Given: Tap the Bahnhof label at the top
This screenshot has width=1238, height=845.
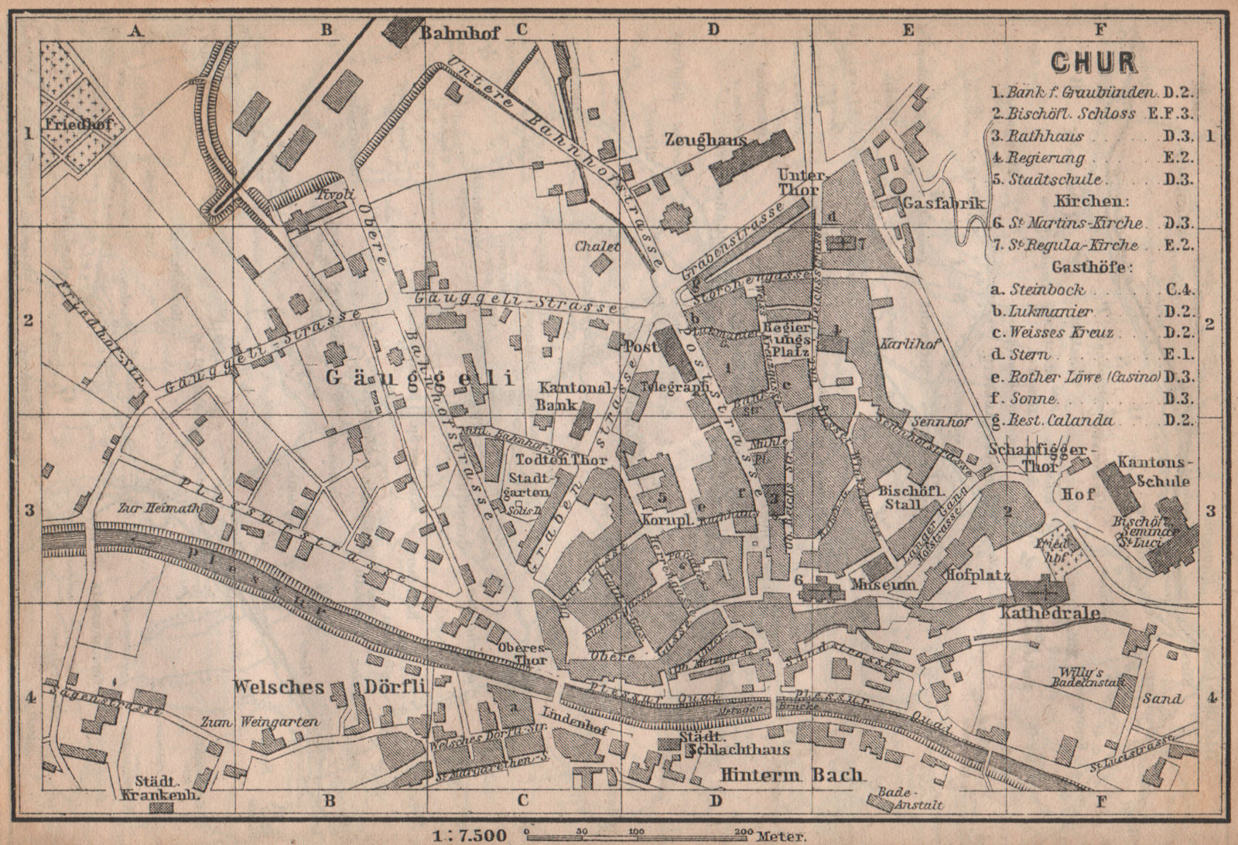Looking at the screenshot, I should pyautogui.click(x=460, y=32).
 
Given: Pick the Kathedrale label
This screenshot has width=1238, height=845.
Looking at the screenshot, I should pyautogui.click(x=1043, y=614).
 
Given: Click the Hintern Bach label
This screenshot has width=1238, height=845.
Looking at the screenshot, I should pyautogui.click(x=790, y=775).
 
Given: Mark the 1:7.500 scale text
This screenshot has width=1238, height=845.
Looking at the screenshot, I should pyautogui.click(x=469, y=835).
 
